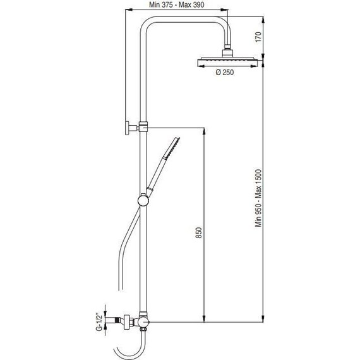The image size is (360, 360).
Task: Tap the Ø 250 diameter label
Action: click(x=225, y=73)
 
